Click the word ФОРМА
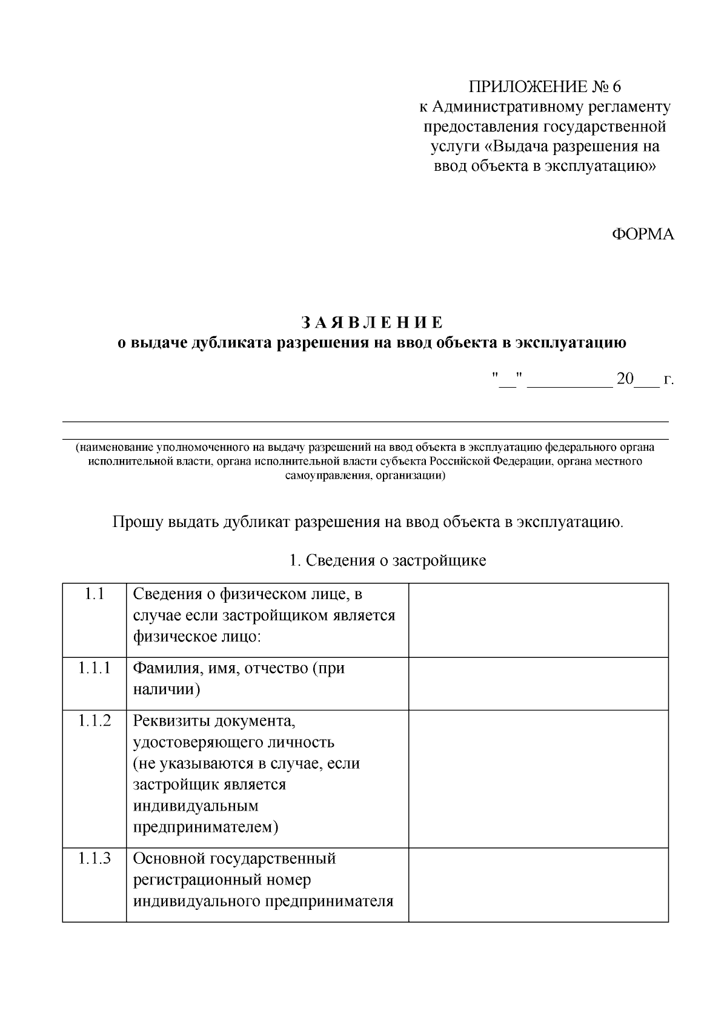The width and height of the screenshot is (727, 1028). [x=642, y=234]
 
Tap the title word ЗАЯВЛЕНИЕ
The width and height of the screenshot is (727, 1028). [x=371, y=322]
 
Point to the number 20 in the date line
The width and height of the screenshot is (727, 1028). [x=625, y=380]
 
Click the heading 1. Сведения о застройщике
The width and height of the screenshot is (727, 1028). [x=388, y=560]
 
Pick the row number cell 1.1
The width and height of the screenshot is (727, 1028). [x=95, y=594]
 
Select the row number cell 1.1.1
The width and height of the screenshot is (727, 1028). [x=95, y=669]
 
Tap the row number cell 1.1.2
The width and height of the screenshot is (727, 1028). [x=95, y=721]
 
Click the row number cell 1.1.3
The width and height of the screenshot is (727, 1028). [x=95, y=858]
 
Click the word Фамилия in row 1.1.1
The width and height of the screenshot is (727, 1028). [x=161, y=669]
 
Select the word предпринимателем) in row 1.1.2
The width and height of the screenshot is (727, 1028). [x=205, y=827]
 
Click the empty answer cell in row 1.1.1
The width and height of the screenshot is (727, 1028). [x=538, y=683]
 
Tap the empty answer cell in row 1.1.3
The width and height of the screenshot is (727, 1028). [x=538, y=884]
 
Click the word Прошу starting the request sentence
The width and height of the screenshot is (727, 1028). [x=138, y=522]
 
